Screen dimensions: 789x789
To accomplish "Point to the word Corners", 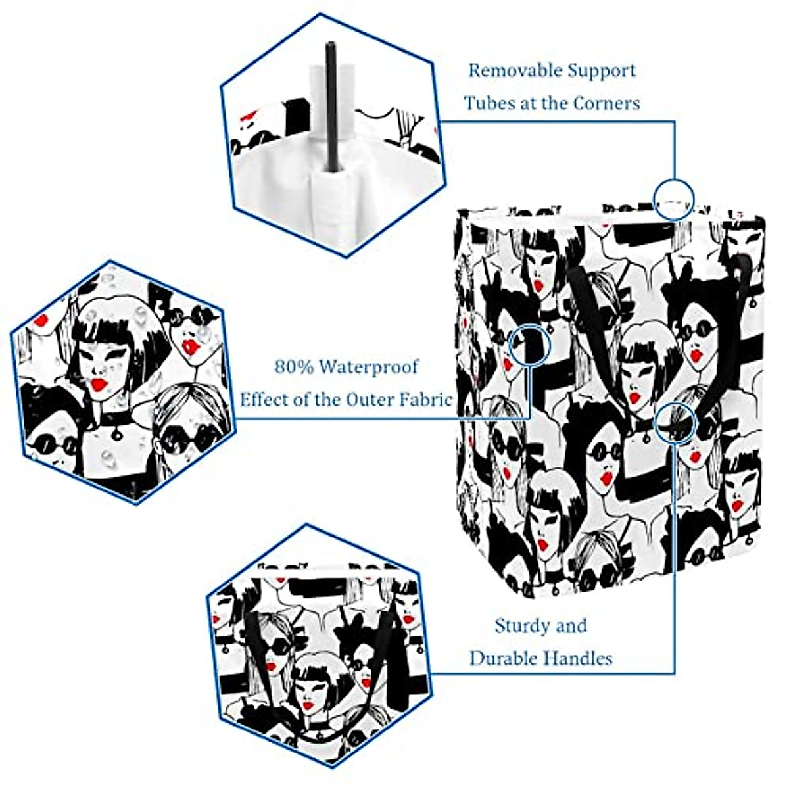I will (606, 103).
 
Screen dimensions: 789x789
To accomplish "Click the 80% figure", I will (294, 366).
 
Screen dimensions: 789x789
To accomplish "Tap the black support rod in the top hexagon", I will (330, 105).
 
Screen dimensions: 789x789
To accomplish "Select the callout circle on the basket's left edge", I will (530, 344).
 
